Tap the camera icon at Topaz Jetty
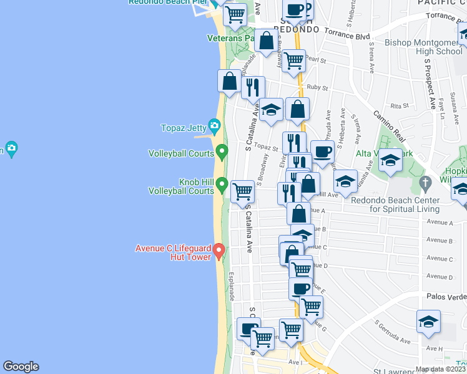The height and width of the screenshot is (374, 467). point(214,127)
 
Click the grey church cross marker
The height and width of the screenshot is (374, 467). point(425,184)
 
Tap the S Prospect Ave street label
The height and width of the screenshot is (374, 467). point(430,82)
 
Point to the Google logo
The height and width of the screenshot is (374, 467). point(21,367)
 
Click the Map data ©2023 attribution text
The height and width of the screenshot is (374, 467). point(441,369)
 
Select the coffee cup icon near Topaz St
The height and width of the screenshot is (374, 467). point(322,151)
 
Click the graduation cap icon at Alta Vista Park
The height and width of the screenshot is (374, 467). point(390,160)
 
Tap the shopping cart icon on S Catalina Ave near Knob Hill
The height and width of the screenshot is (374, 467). point(242,191)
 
